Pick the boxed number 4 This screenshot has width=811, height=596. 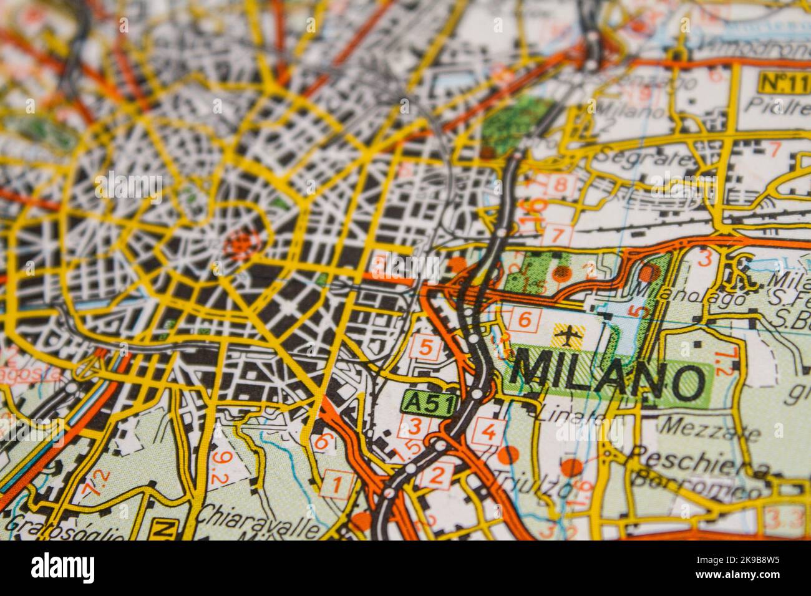488,431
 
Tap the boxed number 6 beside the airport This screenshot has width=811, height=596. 525,319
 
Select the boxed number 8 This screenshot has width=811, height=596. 561,185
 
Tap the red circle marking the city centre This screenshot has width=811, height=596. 239,242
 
